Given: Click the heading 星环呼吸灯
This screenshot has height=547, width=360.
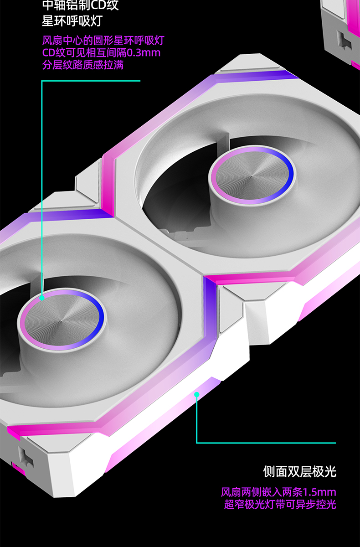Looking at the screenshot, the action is [72, 21].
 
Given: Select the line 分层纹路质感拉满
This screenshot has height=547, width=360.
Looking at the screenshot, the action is [83, 65].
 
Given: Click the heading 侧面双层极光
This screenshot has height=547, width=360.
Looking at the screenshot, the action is [299, 471].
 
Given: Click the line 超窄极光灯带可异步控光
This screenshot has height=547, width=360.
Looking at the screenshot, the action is [280, 505].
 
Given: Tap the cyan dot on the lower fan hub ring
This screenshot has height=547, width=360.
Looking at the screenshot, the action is [42, 298].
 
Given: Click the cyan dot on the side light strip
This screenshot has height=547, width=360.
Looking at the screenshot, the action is [197, 394].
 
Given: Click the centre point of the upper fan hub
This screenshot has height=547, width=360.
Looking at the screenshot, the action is [252, 175].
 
